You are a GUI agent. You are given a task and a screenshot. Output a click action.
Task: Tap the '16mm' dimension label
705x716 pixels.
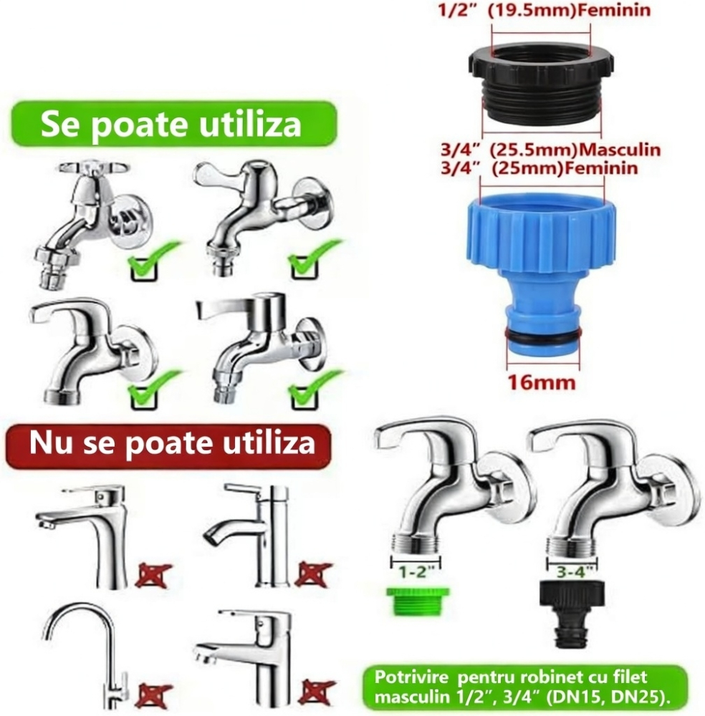pos(541,382)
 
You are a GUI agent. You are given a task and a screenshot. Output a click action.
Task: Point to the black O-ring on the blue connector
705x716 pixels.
pos(541,336)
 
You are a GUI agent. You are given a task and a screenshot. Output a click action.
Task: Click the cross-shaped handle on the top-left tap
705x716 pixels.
pos(93,168)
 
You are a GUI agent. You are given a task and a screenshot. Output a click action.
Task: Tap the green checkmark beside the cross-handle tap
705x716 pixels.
pos(151,261)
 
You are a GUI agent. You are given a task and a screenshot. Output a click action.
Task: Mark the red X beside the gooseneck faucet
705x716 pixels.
pos(154,694)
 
